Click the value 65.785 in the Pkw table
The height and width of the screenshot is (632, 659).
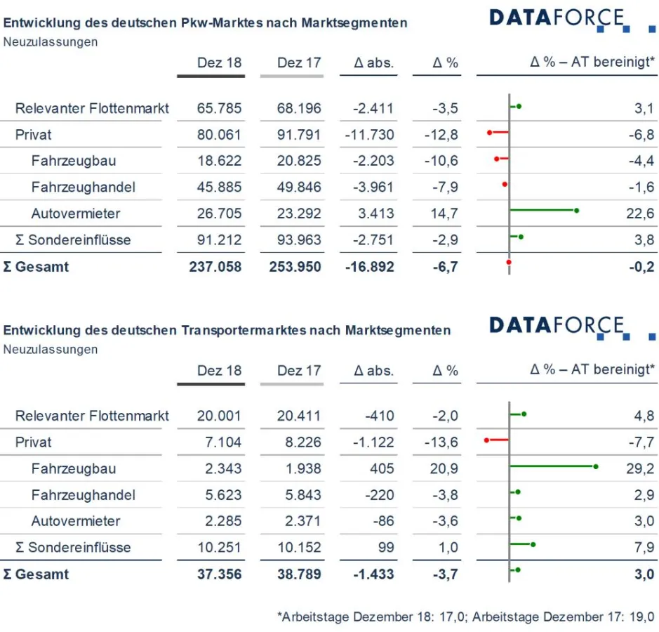[219, 108]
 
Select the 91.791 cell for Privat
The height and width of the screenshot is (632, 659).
[299, 135]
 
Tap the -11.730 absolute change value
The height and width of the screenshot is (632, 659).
[369, 135]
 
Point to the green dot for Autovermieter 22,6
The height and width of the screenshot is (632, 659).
[576, 210]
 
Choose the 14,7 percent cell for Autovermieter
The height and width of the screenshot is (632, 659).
[444, 213]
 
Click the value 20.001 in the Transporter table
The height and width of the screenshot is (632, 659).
[219, 416]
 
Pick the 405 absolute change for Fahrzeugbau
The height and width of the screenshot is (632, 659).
[380, 468]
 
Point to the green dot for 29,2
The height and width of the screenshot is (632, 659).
[596, 466]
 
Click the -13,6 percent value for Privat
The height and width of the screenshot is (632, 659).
[441, 442]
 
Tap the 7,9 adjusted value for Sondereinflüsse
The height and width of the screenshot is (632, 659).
[644, 548]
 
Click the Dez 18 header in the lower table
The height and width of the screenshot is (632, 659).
[219, 371]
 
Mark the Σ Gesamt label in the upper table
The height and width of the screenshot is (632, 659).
[36, 267]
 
